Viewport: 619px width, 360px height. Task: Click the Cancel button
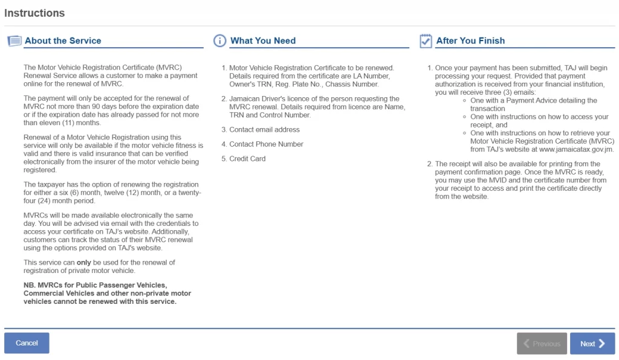pyautogui.click(x=27, y=343)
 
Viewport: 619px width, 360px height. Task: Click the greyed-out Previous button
pyautogui.click(x=542, y=344)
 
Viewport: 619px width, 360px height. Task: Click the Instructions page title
pyautogui.click(x=34, y=13)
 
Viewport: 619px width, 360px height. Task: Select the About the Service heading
pyautogui.click(x=63, y=41)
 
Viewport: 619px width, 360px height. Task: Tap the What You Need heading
pyautogui.click(x=263, y=41)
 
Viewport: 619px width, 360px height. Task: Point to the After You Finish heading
pyautogui.click(x=470, y=41)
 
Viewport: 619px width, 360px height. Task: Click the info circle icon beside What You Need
pyautogui.click(x=220, y=41)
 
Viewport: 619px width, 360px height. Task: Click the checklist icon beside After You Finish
pyautogui.click(x=426, y=41)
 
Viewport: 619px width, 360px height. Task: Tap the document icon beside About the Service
pyautogui.click(x=14, y=41)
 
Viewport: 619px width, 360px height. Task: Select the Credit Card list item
pyautogui.click(x=247, y=159)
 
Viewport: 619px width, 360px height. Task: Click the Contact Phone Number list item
pyautogui.click(x=266, y=144)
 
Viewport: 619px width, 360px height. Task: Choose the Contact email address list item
pyautogui.click(x=264, y=130)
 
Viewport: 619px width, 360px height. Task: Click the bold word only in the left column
pyautogui.click(x=84, y=262)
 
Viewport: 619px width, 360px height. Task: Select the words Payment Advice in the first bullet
pyautogui.click(x=533, y=100)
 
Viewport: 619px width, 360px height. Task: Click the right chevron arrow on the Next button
pyautogui.click(x=601, y=344)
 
